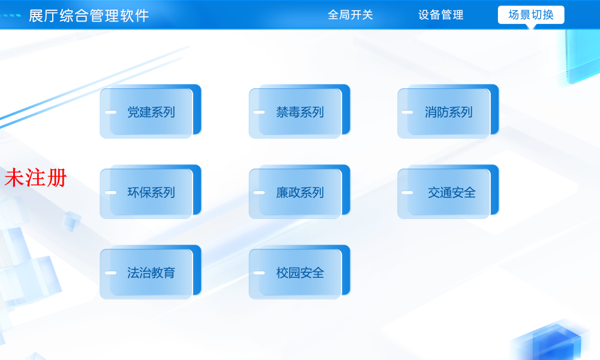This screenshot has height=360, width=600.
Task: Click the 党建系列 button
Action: pos(150,112)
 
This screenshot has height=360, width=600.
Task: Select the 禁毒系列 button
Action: pos(299,112)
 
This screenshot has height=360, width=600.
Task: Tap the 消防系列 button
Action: pos(448,112)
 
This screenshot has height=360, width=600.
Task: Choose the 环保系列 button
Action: pos(150,193)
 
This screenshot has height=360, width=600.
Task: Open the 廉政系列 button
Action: pos(299,193)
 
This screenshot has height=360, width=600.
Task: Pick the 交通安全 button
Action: pos(451,193)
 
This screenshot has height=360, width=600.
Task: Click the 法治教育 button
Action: pos(150,273)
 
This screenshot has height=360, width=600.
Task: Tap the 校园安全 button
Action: pos(299,273)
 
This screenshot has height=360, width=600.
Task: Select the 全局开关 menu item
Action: pos(350,15)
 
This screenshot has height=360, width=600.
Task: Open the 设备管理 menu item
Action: pos(441,15)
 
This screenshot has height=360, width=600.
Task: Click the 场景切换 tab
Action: pos(531,15)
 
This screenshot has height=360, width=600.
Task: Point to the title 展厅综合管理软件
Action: pos(89,16)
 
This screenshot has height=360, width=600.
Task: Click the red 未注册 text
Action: pos(35,178)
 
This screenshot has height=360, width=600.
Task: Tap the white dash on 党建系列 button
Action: pos(110,112)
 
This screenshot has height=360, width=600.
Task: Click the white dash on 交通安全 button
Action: pos(407,193)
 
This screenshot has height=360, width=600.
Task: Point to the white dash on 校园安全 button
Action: pos(259,273)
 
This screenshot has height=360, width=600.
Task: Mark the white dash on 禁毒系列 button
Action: pos(259,112)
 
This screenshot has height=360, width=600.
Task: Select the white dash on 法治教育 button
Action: pos(110,273)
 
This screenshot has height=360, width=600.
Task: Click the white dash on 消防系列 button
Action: pos(407,112)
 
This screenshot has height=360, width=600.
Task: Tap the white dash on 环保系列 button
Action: pos(110,193)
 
